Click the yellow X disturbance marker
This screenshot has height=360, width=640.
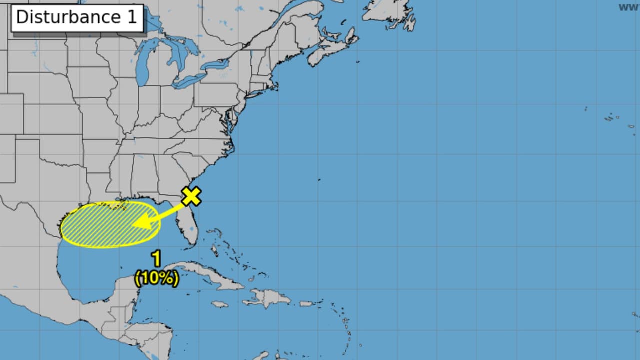coord(191,196)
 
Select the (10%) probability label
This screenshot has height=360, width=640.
coord(156,278)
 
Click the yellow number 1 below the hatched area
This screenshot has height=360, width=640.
coord(156,259)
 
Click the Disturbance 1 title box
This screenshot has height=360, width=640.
coord(77,17)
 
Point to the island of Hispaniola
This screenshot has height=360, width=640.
coord(267,298)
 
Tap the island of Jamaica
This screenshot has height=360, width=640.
coord(220,304)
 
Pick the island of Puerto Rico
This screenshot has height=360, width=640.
coord(306,303)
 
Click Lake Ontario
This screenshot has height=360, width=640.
coord(215,65)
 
